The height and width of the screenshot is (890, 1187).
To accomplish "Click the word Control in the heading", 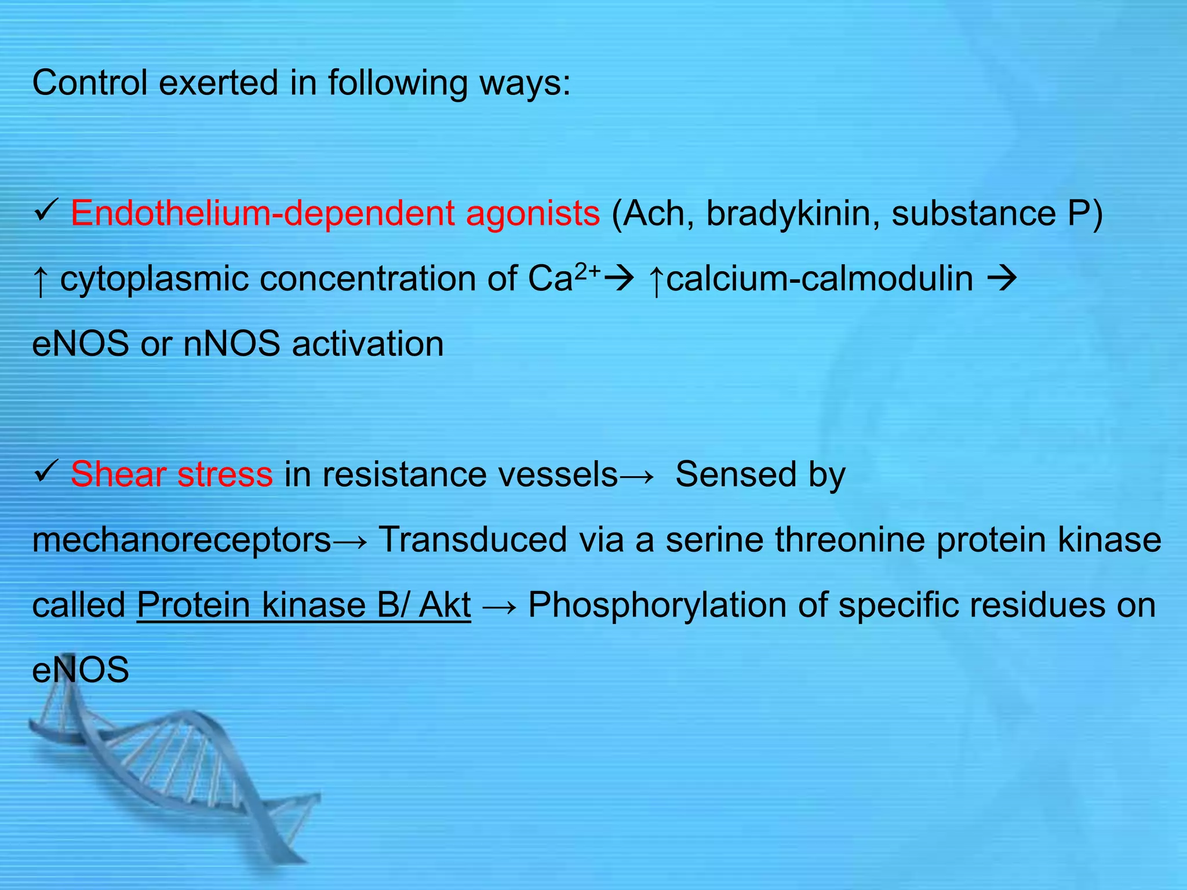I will (x=90, y=83).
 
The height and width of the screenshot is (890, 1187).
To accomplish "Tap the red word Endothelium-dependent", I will (x=263, y=213).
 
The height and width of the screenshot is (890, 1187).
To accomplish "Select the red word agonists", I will (x=533, y=213).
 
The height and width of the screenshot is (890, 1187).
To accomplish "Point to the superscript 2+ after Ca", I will (x=587, y=269).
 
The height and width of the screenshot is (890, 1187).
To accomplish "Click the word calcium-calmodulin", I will (x=820, y=279).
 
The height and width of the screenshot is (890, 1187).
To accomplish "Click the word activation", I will (x=368, y=344).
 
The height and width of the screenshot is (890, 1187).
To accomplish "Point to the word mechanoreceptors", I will (x=182, y=540).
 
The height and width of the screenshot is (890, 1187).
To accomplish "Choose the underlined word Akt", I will (x=445, y=605).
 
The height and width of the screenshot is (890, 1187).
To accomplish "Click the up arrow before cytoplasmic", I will (x=40, y=281).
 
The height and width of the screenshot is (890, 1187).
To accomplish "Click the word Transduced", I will (x=472, y=539).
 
